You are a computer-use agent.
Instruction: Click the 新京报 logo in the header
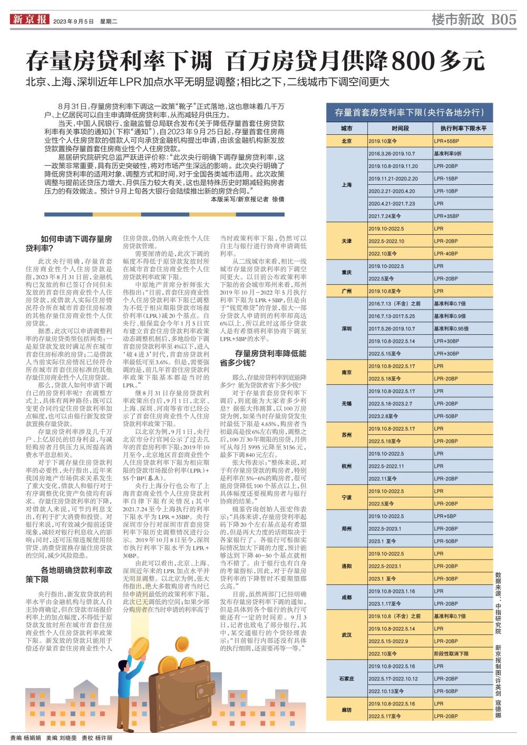29,20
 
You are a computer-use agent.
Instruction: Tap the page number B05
503,20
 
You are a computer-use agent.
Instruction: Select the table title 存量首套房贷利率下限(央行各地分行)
409,112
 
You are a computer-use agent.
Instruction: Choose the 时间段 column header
400,128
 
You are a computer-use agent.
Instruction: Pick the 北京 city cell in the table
346,141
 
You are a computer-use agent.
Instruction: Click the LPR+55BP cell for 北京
446,141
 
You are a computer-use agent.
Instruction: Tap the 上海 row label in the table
346,185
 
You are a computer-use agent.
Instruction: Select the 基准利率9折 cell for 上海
447,154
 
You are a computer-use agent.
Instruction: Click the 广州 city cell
346,291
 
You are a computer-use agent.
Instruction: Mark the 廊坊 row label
346,710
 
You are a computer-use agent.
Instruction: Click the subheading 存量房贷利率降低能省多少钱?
262,358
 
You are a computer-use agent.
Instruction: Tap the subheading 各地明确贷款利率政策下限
69,574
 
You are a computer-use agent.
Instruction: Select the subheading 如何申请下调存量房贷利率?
69,243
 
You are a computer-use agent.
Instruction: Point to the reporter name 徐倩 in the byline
278,200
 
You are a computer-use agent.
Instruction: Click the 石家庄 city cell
346,679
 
